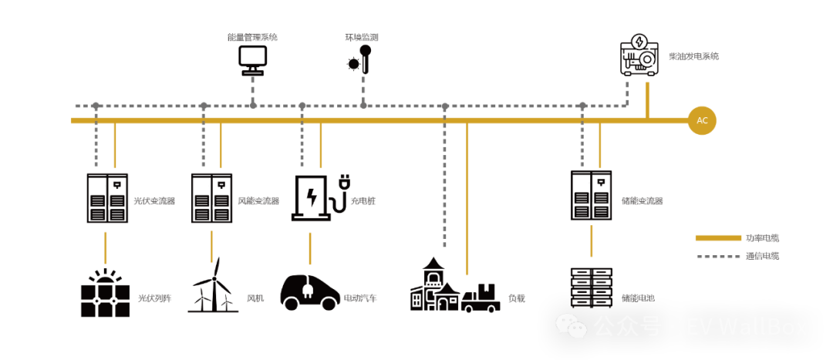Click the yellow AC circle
[702, 121]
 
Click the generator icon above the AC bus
[639, 56]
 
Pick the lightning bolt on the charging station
[312, 198]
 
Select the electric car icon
[309, 291]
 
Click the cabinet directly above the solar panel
[106, 197]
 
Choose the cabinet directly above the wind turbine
[211, 198]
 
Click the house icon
[434, 286]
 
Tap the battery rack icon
[591, 288]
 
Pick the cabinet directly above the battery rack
[590, 196]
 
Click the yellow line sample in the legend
[717, 237]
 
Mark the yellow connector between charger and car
[311, 248]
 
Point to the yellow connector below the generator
[648, 100]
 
